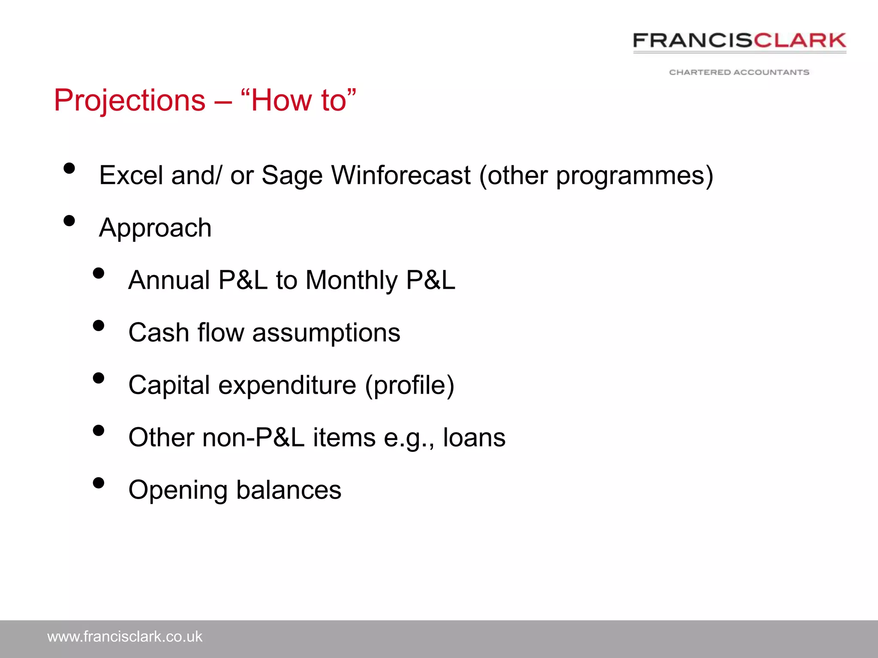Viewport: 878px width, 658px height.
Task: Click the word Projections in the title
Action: pyautogui.click(x=129, y=101)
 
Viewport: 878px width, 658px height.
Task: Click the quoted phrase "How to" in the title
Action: pyautogui.click(x=299, y=101)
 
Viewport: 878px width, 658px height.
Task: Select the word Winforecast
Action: pyautogui.click(x=401, y=175)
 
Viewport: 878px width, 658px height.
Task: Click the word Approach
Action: pyautogui.click(x=155, y=228)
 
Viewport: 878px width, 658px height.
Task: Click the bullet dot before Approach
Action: pyautogui.click(x=69, y=221)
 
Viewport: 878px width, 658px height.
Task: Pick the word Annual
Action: pyautogui.click(x=169, y=280)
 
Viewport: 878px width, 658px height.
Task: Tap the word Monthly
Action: pyautogui.click(x=352, y=281)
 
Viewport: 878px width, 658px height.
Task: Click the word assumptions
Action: pyautogui.click(x=326, y=333)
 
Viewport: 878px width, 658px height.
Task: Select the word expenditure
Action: pyautogui.click(x=287, y=385)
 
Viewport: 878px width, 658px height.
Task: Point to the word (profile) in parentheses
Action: pyautogui.click(x=409, y=385)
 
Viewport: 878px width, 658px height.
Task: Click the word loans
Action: pyautogui.click(x=474, y=437)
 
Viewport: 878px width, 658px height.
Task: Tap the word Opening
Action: pyautogui.click(x=177, y=491)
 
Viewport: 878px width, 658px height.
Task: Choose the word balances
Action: pyautogui.click(x=289, y=490)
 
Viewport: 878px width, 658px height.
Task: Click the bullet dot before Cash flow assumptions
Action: pyautogui.click(x=99, y=326)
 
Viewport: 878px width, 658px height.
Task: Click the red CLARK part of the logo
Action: pyautogui.click(x=800, y=41)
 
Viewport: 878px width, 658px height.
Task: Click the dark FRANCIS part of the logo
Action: pyautogui.click(x=692, y=41)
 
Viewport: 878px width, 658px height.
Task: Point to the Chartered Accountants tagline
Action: pyautogui.click(x=739, y=72)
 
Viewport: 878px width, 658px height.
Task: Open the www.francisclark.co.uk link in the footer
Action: pyautogui.click(x=125, y=637)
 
